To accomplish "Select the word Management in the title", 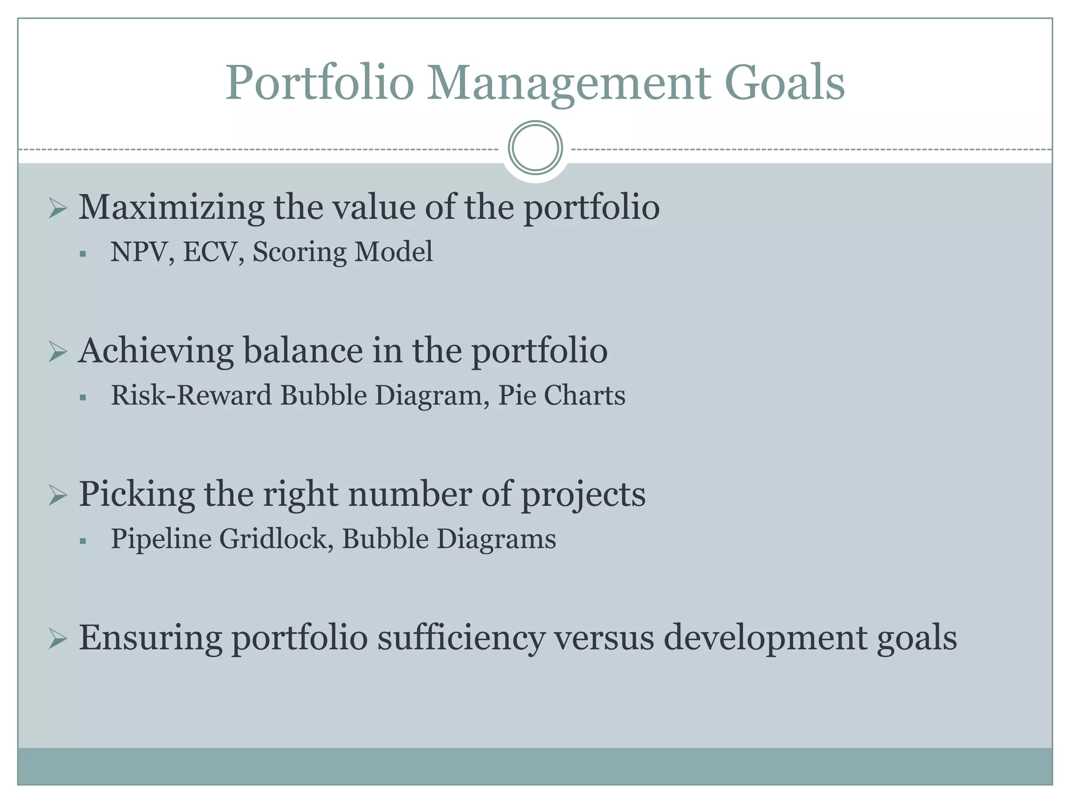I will pyautogui.click(x=569, y=84).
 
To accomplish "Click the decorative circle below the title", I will pyautogui.click(x=535, y=147).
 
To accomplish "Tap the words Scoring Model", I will pyautogui.click(x=343, y=252).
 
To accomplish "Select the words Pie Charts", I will pyautogui.click(x=561, y=395).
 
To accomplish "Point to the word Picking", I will pyautogui.click(x=136, y=494).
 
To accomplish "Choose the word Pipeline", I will pyautogui.click(x=161, y=539).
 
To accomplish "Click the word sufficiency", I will pyautogui.click(x=460, y=638).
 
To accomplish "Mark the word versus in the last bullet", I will pyautogui.click(x=603, y=638).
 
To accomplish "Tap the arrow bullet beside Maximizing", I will pyautogui.click(x=58, y=209).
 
